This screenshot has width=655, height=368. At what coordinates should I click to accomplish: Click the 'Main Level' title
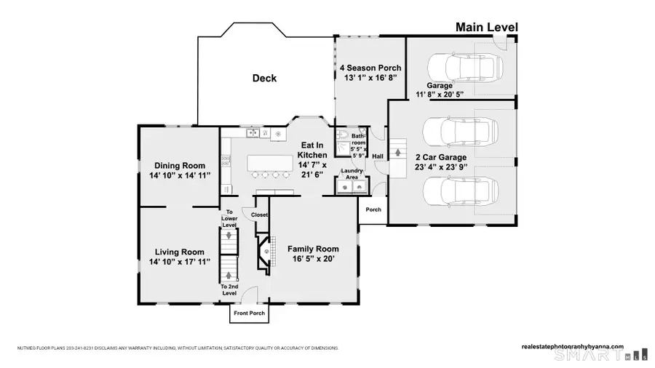pyautogui.click(x=486, y=28)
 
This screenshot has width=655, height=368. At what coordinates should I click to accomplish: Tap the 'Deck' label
pyautogui.click(x=264, y=79)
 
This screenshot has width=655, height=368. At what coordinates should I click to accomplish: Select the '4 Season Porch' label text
pyautogui.click(x=370, y=68)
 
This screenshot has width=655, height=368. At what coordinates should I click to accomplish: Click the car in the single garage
pyautogui.click(x=450, y=67)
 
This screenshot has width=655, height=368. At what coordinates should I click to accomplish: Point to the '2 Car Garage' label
pyautogui.click(x=442, y=156)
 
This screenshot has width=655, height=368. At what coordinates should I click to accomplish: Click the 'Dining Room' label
pyautogui.click(x=179, y=165)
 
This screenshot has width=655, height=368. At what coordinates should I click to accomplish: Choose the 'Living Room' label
pyautogui.click(x=179, y=252)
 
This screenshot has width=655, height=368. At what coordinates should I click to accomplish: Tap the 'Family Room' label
pyautogui.click(x=314, y=249)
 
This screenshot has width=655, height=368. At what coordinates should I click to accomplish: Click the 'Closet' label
pyautogui.click(x=260, y=215)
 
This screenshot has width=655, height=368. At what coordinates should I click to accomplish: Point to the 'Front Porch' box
pyautogui.click(x=248, y=313)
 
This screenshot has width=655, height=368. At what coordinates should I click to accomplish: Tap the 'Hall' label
pyautogui.click(x=378, y=156)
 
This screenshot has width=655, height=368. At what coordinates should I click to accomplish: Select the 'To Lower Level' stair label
pyautogui.click(x=229, y=218)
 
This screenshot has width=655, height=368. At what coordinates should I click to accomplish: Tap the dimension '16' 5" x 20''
pyautogui.click(x=314, y=259)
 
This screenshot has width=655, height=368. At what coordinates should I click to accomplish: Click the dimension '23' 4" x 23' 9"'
pyautogui.click(x=442, y=167)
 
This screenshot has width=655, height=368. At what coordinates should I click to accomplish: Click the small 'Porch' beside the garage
pyautogui.click(x=373, y=209)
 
